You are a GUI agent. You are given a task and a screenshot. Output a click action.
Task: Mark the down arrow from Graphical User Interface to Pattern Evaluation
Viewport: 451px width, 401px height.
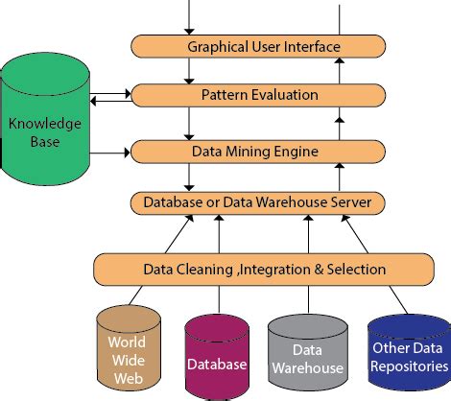point(191,70)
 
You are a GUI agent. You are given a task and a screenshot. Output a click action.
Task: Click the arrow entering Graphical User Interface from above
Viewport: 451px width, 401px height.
point(191,17)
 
